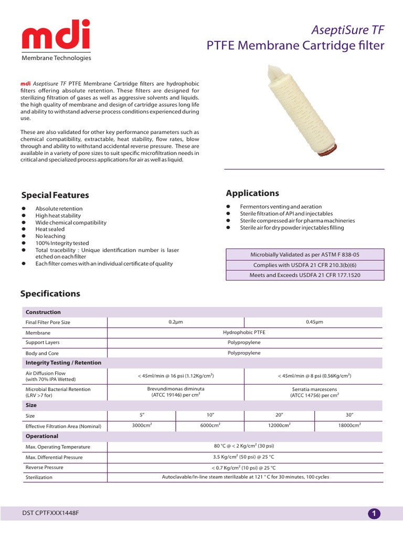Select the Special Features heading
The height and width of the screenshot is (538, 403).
55,195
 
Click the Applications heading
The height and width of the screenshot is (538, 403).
252,193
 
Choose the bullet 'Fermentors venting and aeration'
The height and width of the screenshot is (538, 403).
281,206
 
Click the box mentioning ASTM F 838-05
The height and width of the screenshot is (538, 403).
305,254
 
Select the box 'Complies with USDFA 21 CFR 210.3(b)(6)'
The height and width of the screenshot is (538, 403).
305,265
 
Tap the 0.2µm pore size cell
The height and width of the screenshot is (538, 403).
176,322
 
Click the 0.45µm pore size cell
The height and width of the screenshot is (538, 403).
314,322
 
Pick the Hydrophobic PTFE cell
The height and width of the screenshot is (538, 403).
244,333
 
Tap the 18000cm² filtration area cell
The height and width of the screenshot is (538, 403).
348,426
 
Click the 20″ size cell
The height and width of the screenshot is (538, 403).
279,415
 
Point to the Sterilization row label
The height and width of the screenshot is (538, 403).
39,478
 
